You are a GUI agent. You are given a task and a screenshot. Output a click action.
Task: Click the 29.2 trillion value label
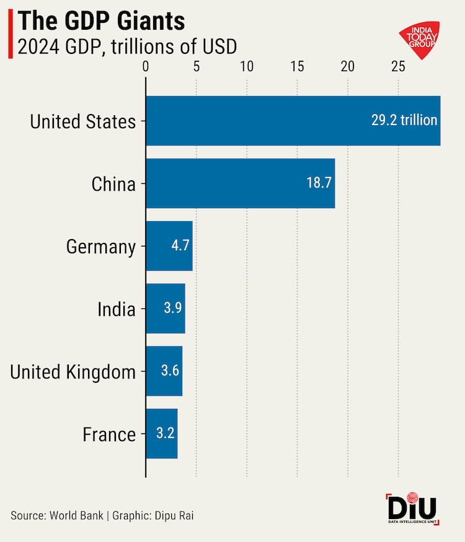point(404,120)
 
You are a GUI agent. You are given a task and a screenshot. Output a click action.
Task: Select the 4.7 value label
point(180,246)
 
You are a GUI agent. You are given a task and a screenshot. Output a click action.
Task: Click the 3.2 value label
point(164,434)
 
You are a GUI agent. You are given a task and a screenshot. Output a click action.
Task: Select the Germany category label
point(100,247)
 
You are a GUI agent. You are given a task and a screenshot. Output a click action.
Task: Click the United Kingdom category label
point(73,372)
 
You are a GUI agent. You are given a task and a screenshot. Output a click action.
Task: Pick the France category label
point(109,434)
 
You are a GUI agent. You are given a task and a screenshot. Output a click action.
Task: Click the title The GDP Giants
point(101,22)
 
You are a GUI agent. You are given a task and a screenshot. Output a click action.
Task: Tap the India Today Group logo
point(420,40)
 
